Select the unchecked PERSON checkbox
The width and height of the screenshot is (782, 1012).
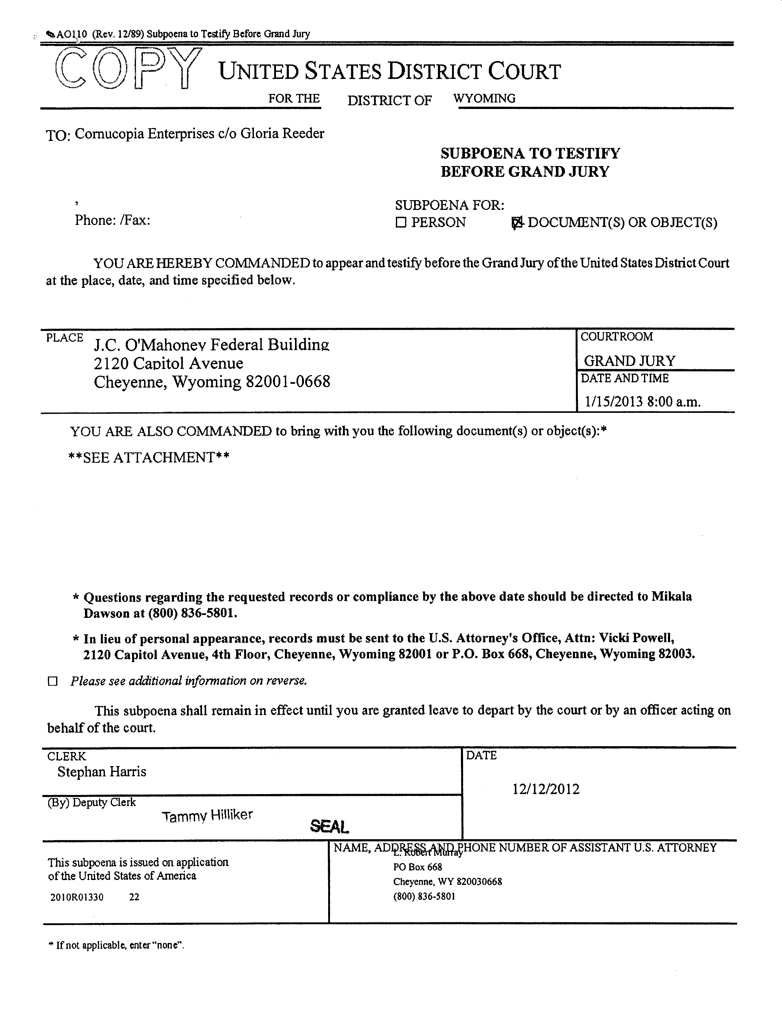(401, 223)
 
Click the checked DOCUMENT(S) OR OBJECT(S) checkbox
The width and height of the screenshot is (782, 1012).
(516, 223)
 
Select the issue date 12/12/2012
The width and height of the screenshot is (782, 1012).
(546, 789)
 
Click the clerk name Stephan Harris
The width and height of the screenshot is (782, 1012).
(102, 772)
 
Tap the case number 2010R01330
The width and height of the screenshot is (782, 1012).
(77, 897)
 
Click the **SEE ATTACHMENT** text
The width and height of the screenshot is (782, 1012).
(149, 457)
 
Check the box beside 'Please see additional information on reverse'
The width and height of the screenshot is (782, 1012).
(53, 681)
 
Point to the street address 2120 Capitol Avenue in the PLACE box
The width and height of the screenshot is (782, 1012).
(169, 363)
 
